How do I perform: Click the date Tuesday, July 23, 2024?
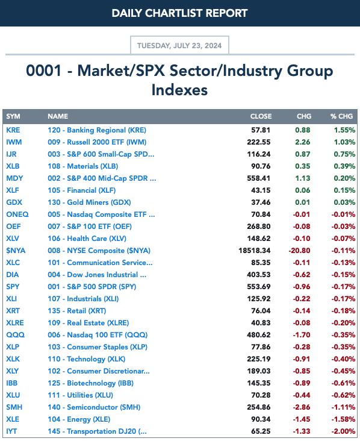tap(179, 46)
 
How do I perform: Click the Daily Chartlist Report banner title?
tap(179, 13)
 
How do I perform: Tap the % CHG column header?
tap(341, 116)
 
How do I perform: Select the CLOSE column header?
tap(261, 116)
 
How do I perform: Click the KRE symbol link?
tap(13, 130)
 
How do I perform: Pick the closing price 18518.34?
tap(254, 251)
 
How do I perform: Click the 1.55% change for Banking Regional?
tap(344, 130)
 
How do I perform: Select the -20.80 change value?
tap(299, 251)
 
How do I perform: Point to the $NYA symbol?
tap(16, 251)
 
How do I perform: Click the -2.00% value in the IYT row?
tap(343, 431)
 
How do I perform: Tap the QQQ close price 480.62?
tap(258, 335)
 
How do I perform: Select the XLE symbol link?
tap(13, 419)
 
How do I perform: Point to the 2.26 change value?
tap(302, 142)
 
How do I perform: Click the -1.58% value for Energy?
tap(343, 419)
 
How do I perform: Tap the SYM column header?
tap(13, 116)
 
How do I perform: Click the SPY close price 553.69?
tap(258, 287)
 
